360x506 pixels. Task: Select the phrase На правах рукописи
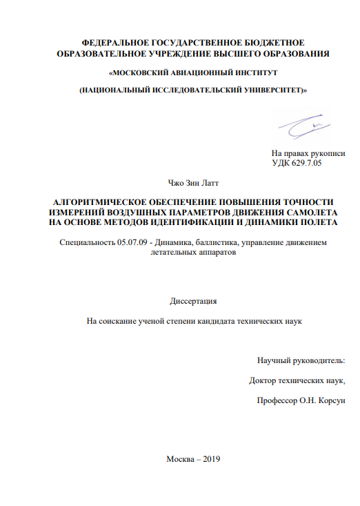pyautogui.click(x=308, y=153)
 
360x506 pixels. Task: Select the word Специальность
pyautogui.click(x=85, y=242)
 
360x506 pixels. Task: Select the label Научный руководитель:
pyautogui.click(x=301, y=360)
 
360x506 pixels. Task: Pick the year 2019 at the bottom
pyautogui.click(x=209, y=460)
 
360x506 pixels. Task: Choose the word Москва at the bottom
pyautogui.click(x=181, y=460)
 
